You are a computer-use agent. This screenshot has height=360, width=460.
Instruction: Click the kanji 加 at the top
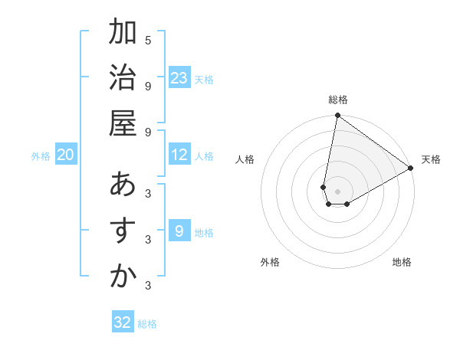(x=123, y=34)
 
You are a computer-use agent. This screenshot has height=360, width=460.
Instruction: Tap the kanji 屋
(x=123, y=124)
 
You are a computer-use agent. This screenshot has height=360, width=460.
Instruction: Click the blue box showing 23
(x=179, y=78)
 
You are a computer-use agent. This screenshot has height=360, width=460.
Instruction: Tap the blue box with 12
(x=179, y=155)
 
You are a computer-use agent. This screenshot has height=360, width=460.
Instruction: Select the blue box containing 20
(x=66, y=155)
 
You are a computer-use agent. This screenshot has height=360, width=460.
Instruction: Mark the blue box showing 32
(x=123, y=322)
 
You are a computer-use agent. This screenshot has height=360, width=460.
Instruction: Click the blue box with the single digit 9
(x=179, y=231)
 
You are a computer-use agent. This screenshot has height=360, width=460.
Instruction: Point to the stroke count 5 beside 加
(x=148, y=40)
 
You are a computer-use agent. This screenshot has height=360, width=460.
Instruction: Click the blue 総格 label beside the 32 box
(x=147, y=324)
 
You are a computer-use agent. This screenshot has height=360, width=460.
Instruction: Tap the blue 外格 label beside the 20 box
(x=41, y=156)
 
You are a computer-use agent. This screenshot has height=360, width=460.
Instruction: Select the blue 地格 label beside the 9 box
(x=205, y=233)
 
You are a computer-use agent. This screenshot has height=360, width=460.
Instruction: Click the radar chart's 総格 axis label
(x=338, y=100)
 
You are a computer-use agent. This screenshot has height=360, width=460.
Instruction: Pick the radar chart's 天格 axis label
(x=431, y=159)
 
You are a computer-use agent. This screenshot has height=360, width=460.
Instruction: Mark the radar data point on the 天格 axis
(x=411, y=169)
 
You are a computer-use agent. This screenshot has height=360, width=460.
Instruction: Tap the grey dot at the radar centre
(x=337, y=191)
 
